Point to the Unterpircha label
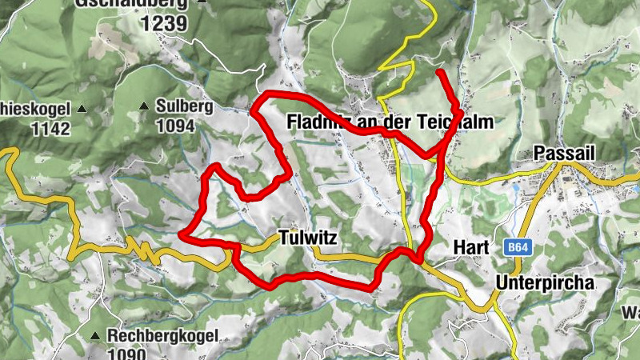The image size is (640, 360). point(546,282)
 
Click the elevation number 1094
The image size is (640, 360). point(175,126)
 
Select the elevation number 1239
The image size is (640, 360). point(164,23)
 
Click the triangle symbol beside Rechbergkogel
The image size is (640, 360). point(95,335)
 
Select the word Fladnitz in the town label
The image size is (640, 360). point(314,122)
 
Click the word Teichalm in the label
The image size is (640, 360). point(455,122)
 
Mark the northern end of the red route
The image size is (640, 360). point(439,73)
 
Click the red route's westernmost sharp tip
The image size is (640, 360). point(181,236)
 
